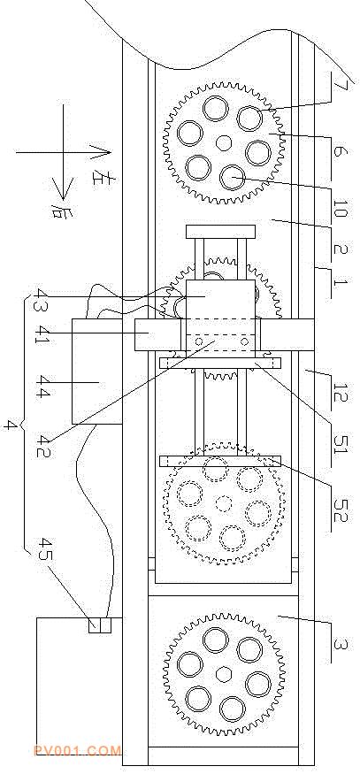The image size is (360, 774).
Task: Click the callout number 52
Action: coord(341,510)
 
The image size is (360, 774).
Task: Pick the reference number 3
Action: coord(340,644)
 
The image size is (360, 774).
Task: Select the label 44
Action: coord(42,394)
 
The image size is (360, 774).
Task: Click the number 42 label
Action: coord(42,445)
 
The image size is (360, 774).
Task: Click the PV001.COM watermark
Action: coord(78,751)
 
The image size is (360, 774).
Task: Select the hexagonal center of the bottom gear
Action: coord(224,673)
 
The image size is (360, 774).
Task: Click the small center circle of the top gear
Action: coord(224,142)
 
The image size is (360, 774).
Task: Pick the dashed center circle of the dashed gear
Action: coord(224,504)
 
